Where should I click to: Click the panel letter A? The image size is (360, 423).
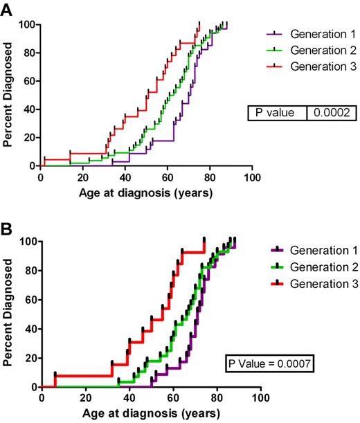point(8,8)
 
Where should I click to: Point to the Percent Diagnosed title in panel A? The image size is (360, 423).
point(10,96)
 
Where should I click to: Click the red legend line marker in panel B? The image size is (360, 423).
point(276,283)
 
